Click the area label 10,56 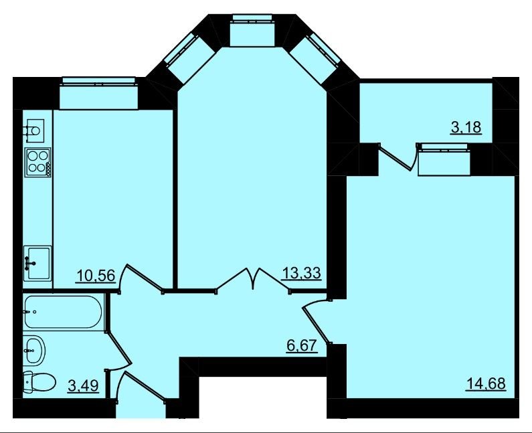click(96, 275)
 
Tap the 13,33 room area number click(301, 272)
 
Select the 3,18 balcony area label click(466, 128)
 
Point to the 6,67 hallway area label click(302, 346)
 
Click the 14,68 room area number click(486, 383)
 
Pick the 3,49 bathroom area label click(84, 385)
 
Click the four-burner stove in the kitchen click(38, 162)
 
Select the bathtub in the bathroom click(63, 312)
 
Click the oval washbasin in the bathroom click(35, 350)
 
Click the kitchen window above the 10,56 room click(99, 93)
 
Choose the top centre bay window click(252, 31)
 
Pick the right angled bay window click(315, 58)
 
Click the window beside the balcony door click(444, 159)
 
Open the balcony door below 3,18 click(397, 157)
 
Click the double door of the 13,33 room click(253, 280)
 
